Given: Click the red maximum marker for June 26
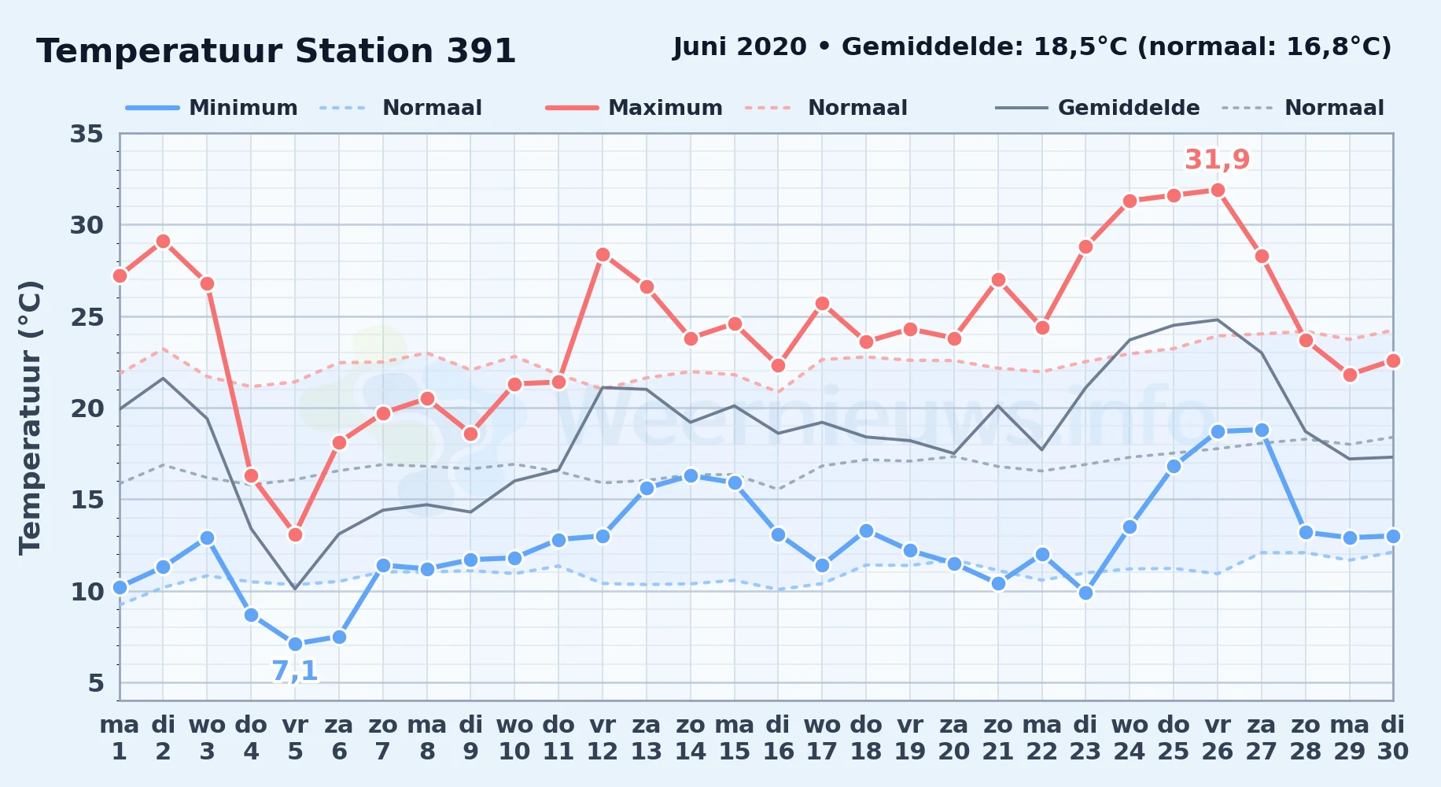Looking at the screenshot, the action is click(1218, 190).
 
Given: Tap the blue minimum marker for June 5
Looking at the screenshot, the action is click(295, 644).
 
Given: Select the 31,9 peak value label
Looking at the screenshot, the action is click(1218, 160).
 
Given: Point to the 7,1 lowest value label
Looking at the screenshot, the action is click(295, 671).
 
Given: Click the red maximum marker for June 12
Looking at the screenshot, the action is click(603, 254).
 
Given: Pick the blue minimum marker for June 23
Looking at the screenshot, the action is click(1085, 593).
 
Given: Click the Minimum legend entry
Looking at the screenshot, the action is click(212, 108).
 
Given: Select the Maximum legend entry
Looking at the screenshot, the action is click(634, 108).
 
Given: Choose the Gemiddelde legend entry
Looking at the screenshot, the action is click(1098, 108).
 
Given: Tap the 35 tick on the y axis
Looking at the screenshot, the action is click(87, 134).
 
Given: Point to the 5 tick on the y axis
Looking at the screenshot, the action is click(96, 682).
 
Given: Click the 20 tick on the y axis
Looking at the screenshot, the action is click(87, 408).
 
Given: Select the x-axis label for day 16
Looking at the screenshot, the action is click(778, 738).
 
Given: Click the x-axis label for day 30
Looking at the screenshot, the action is click(1392, 738).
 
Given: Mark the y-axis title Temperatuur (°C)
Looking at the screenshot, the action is click(30, 417).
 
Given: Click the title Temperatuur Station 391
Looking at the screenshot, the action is click(276, 51).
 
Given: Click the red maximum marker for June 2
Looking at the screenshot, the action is click(163, 241).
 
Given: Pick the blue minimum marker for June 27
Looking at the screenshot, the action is click(1262, 430).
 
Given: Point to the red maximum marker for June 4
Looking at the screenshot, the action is click(251, 475).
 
